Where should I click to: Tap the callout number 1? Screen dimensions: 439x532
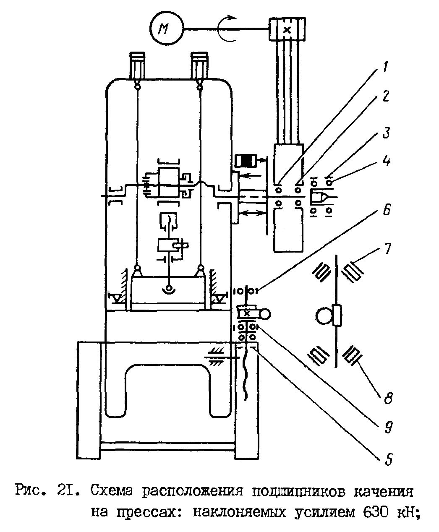[x=385, y=67]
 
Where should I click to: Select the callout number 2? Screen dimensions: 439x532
[x=386, y=96]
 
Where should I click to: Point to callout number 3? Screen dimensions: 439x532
[x=386, y=133]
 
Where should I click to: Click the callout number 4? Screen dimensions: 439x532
[x=387, y=161]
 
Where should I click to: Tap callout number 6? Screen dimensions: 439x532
[x=387, y=210]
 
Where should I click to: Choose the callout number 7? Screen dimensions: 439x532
[x=387, y=249]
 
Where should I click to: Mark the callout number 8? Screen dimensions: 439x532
[x=388, y=398]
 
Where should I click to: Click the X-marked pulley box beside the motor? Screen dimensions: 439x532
[x=287, y=30]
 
